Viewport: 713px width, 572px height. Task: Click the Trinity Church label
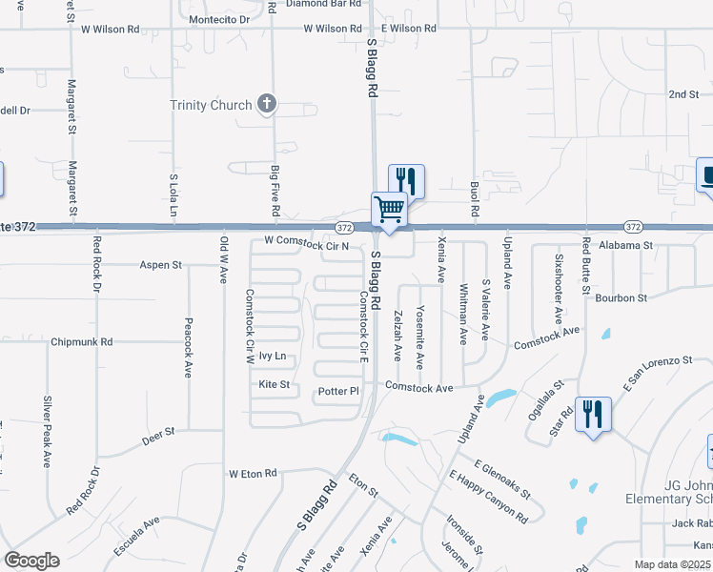coord(211,105)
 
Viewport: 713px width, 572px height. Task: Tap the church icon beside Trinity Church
coord(267,105)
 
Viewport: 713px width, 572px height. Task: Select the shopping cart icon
coord(389,209)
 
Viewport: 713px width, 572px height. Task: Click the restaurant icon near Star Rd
coord(593,414)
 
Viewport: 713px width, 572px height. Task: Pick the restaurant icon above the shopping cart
coord(406,179)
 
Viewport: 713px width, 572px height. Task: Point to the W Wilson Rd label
coord(335,29)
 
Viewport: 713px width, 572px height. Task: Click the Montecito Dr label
coord(218,19)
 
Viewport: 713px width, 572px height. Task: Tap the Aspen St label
coord(160,265)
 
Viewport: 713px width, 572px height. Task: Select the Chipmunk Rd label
coord(82,341)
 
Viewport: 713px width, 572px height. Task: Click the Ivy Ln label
coord(273,357)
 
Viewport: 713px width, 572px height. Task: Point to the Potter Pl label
coord(338,392)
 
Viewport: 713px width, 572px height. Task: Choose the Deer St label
coord(158,432)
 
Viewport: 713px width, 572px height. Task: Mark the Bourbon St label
coord(621,298)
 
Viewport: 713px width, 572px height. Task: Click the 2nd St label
coord(683,95)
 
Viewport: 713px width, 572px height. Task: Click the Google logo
coord(31,561)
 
